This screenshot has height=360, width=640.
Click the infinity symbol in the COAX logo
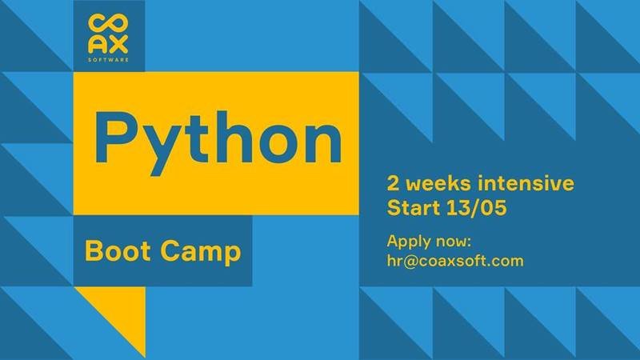[108, 25]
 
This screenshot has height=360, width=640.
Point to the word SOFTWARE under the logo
[108, 59]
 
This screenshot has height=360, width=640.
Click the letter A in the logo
[98, 45]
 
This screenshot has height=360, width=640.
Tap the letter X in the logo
[118, 45]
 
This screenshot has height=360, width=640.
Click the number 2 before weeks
[393, 183]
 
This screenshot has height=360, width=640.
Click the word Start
[413, 207]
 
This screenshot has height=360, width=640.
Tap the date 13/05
[477, 207]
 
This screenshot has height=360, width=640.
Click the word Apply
[408, 242]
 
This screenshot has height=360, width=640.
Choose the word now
[454, 242]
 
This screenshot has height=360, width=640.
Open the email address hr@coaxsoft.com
[455, 261]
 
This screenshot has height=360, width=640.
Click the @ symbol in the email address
[411, 262]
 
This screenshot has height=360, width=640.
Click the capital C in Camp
[170, 250]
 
